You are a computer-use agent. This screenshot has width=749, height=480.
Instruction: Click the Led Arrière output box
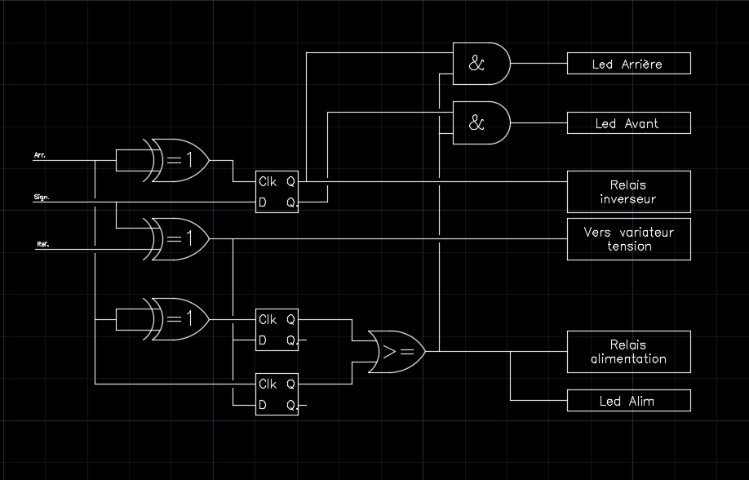coord(629,64)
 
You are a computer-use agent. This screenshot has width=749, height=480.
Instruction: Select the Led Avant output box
coord(629,123)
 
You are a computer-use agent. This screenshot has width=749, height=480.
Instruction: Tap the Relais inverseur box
coord(629,192)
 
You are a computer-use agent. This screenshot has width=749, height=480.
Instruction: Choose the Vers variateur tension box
coord(629,238)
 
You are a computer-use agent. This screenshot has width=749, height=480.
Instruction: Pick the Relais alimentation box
coord(629,352)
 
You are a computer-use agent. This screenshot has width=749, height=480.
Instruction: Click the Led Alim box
coord(629,400)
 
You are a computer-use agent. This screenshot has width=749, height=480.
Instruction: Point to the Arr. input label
coord(39,154)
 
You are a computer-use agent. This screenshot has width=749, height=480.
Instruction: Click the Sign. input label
coord(41,198)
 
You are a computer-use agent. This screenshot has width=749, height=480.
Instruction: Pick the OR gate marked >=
coord(397,352)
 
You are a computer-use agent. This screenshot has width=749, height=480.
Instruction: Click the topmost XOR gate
coord(179,160)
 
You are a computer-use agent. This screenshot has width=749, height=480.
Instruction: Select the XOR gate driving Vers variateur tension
coord(179,238)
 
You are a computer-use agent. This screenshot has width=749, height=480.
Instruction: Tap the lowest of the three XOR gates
coord(179,318)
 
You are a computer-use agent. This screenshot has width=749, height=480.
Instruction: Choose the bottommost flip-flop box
coord(277,394)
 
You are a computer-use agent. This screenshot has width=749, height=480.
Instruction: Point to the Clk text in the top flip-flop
coord(268,182)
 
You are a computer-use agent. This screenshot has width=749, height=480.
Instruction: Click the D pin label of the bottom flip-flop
coord(263,405)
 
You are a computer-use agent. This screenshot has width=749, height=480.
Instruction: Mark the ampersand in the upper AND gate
coord(476,64)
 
